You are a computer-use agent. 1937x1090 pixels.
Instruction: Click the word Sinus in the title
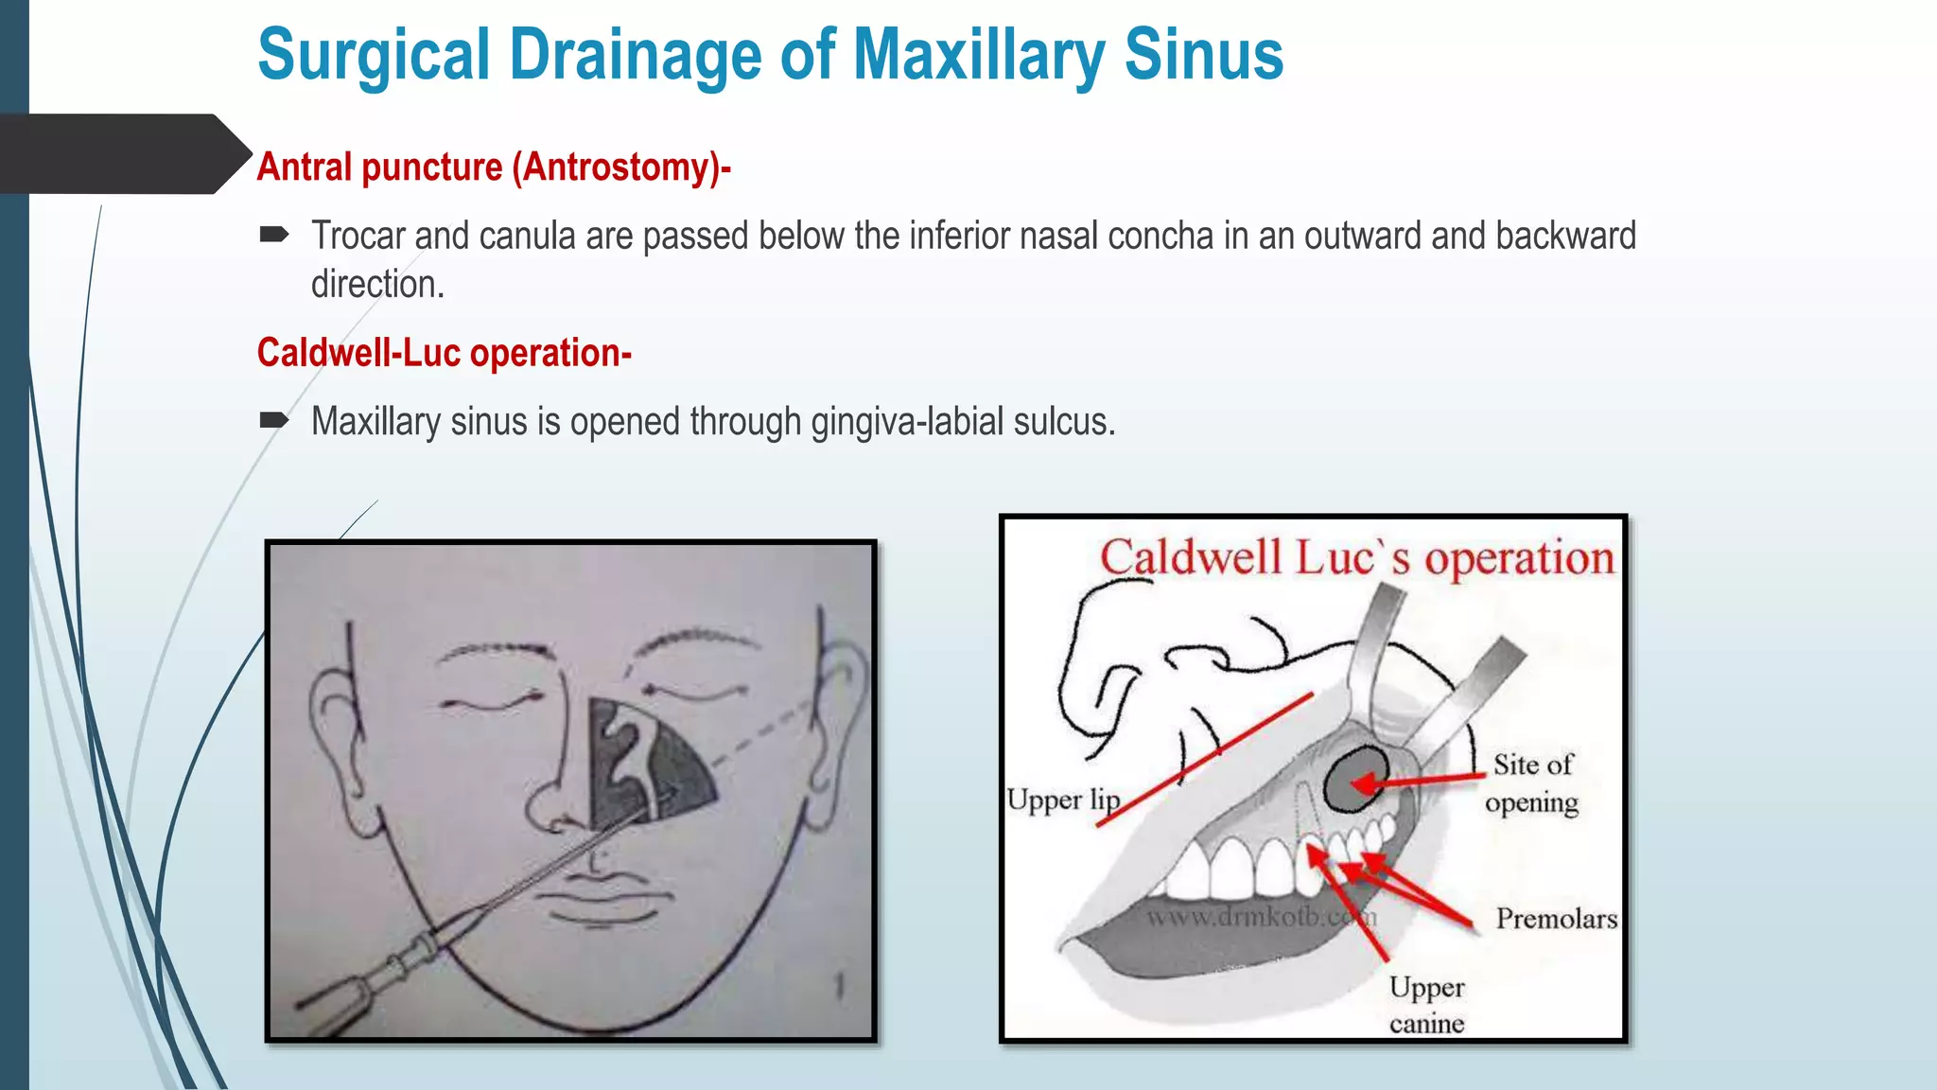[1203, 55]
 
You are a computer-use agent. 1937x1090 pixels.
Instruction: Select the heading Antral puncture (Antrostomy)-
[494, 167]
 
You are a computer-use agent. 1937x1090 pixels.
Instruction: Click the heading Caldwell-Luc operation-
[444, 353]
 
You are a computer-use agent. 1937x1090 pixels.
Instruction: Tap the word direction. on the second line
[377, 285]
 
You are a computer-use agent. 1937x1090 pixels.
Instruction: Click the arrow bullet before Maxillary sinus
[273, 419]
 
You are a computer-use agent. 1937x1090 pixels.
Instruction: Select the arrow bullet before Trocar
[273, 234]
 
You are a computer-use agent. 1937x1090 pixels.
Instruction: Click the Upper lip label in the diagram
[1062, 800]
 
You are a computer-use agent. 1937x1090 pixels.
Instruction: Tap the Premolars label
[1556, 918]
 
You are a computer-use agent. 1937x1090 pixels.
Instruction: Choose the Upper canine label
[1426, 1005]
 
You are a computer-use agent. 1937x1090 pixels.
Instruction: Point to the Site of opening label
[1531, 782]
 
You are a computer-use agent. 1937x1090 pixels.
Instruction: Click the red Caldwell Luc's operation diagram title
[1356, 557]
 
